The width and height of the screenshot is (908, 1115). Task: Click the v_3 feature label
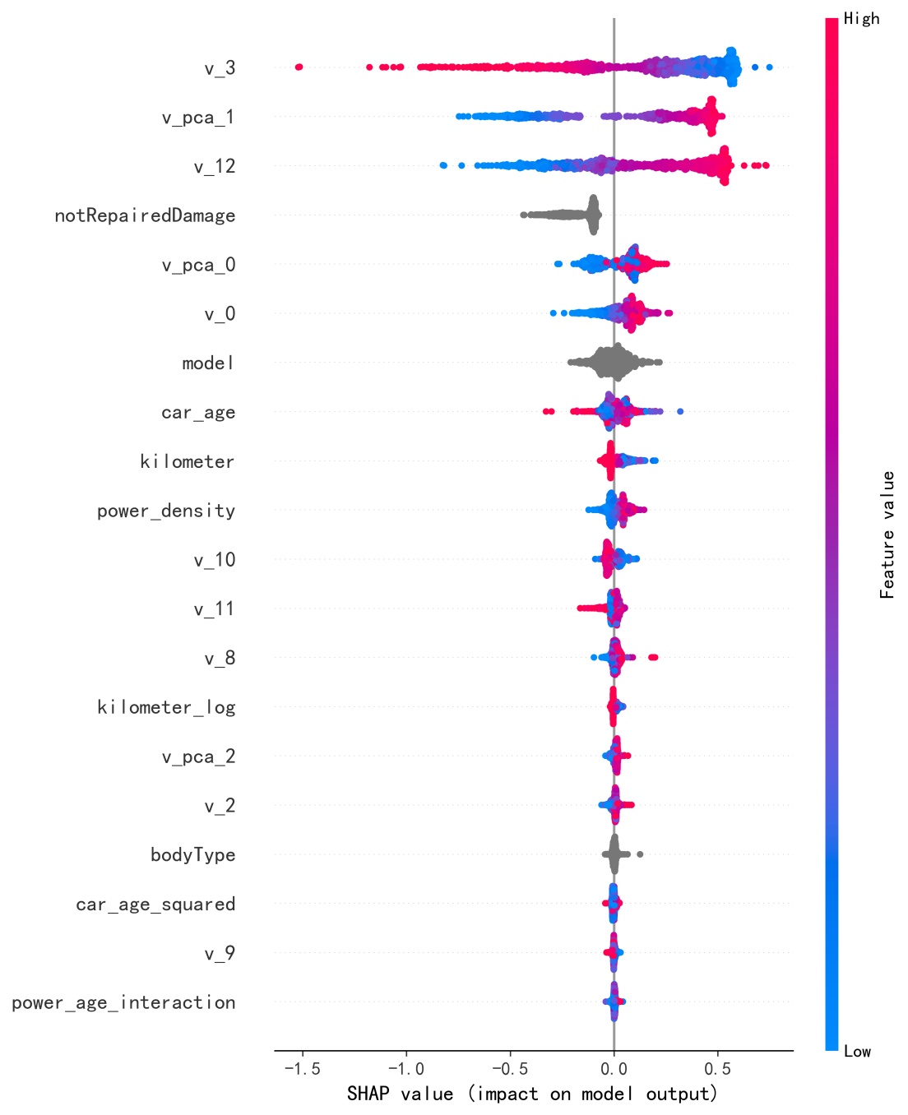click(x=220, y=68)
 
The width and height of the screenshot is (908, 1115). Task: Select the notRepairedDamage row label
click(x=145, y=216)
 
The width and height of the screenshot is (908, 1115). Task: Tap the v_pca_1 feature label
click(x=198, y=118)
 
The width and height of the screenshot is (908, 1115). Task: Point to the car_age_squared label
click(x=155, y=904)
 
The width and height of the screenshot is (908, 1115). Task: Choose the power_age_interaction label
click(x=123, y=1002)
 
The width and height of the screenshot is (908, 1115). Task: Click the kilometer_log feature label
click(x=166, y=707)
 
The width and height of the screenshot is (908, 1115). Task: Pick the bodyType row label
click(x=192, y=855)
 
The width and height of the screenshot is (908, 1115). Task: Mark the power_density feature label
click(x=166, y=511)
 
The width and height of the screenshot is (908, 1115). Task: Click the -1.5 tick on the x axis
click(x=302, y=1069)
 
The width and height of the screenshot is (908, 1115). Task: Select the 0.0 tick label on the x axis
click(x=614, y=1069)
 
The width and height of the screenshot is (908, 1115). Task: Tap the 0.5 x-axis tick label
click(x=717, y=1069)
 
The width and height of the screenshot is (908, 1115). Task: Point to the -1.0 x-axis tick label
click(x=405, y=1069)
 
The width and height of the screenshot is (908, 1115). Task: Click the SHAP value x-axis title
click(x=532, y=1094)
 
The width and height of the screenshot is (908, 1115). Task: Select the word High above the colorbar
click(x=861, y=19)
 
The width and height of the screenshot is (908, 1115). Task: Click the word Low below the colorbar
click(x=857, y=1051)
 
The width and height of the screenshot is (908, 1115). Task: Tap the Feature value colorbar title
click(x=887, y=534)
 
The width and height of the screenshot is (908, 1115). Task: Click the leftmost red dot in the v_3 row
click(x=299, y=67)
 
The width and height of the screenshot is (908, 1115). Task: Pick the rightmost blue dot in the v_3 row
click(x=769, y=67)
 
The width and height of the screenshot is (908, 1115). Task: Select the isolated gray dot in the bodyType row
click(x=640, y=854)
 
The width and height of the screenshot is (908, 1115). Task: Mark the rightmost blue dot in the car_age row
click(x=679, y=411)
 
